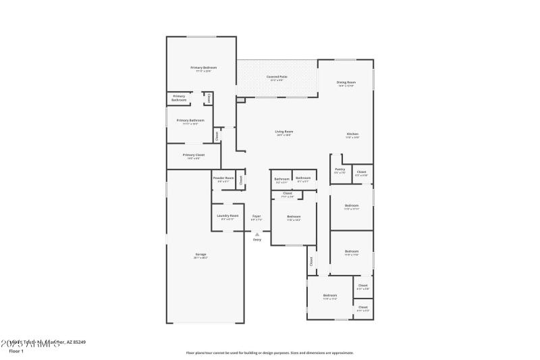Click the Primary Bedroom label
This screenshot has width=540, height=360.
[203, 68]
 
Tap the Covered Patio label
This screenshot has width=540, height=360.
[277, 77]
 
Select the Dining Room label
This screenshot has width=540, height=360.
[346, 82]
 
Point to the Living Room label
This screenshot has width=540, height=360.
[283, 132]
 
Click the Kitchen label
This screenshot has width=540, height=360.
[352, 134]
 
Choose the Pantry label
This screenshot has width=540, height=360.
[340, 170]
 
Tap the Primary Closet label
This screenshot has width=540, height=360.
[193, 155]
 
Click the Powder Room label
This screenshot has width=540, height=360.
[223, 178]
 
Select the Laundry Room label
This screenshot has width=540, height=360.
[227, 215]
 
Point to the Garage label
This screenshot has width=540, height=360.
[201, 255]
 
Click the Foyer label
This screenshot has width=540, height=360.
[256, 216]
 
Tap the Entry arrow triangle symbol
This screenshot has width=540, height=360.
[256, 234]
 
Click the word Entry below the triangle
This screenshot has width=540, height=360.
[256, 240]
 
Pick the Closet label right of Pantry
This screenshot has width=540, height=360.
[362, 172]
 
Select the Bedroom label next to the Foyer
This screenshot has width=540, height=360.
[294, 216]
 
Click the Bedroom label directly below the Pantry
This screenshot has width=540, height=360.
[352, 205]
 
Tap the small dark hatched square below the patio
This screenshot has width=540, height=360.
[240, 100]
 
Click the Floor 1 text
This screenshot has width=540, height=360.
[16, 351]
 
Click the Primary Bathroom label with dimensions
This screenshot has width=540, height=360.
[190, 120]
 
